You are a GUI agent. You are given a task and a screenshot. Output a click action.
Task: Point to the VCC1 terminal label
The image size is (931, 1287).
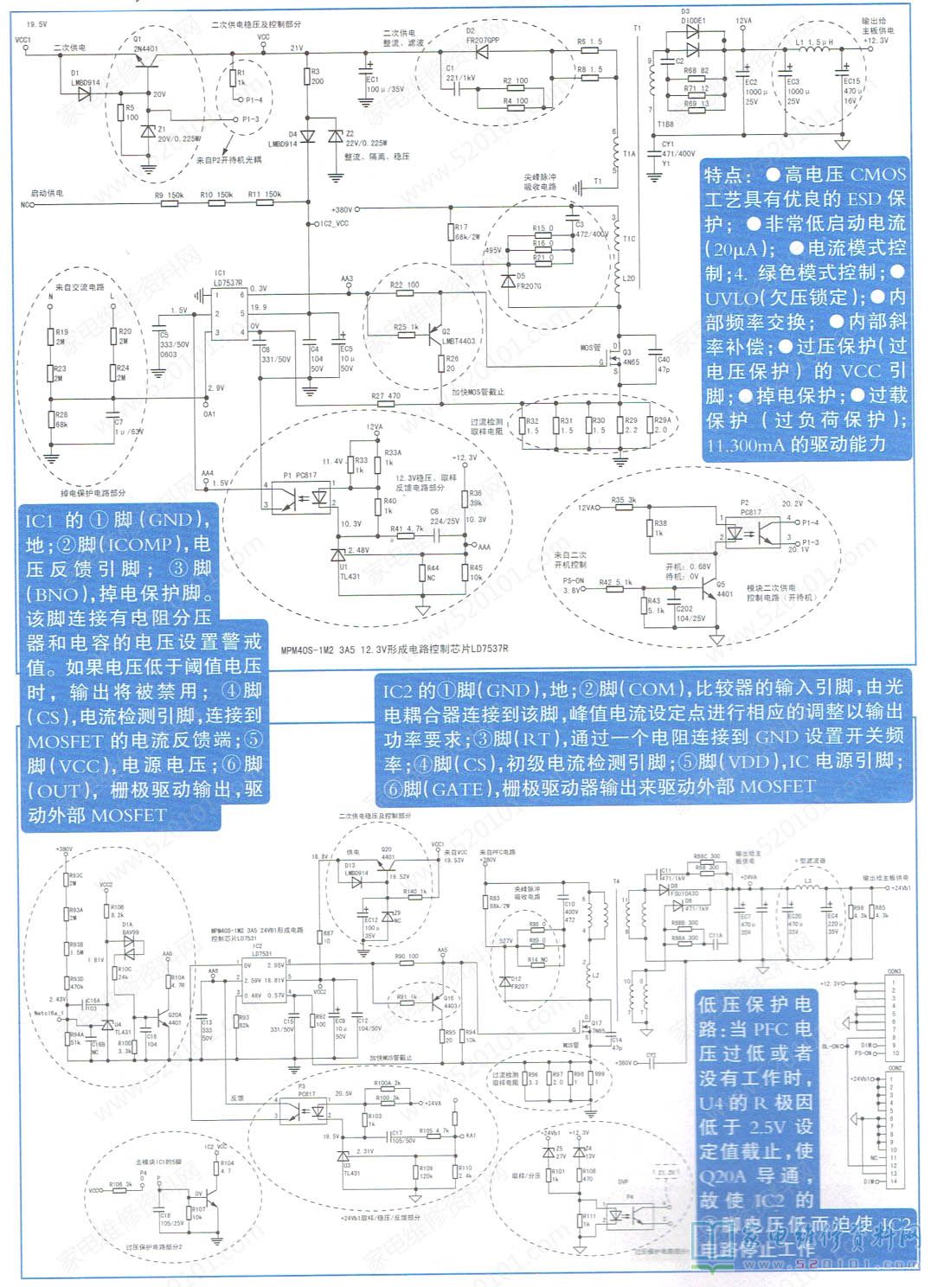(23, 40)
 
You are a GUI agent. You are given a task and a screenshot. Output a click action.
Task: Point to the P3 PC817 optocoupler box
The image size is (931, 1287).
(307, 1110)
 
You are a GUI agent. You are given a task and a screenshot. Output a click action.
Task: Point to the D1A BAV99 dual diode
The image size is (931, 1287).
(129, 949)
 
